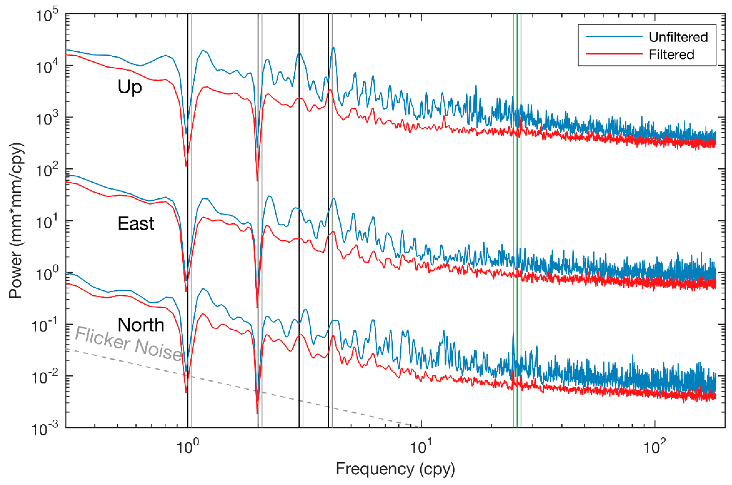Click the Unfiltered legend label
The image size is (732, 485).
point(678,37)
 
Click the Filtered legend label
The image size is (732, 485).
point(671,55)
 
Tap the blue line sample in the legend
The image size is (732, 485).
point(614,36)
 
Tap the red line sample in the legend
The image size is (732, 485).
point(614,54)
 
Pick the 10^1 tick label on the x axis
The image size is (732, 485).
point(419,447)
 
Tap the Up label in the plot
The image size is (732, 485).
point(130,87)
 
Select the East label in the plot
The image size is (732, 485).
point(136,223)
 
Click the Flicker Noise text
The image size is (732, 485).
point(128,344)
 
